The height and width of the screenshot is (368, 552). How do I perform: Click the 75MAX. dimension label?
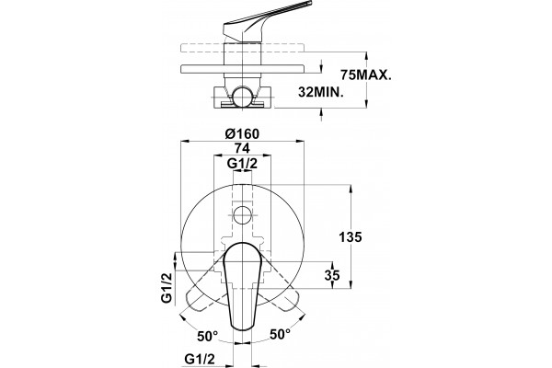tap(366, 75)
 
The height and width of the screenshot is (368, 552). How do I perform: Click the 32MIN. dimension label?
tap(321, 92)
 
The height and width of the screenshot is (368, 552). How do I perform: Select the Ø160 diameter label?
tap(242, 133)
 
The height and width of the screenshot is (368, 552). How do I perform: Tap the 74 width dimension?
tap(242, 148)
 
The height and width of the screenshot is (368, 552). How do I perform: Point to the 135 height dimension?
tap(351, 237)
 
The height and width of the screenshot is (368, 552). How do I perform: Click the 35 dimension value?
tap(332, 275)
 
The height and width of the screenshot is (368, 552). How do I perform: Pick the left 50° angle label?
tap(207, 336)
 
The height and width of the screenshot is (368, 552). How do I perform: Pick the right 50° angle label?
tap(281, 334)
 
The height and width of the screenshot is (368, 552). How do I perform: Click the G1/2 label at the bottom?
tap(200, 359)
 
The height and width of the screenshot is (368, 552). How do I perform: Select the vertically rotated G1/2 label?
tap(167, 288)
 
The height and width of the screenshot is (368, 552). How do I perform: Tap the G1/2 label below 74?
tap(242, 164)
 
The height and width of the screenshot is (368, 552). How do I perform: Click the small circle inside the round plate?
tap(243, 214)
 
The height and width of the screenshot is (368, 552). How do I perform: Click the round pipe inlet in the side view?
tap(243, 96)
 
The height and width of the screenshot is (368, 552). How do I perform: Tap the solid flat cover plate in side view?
tap(243, 69)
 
